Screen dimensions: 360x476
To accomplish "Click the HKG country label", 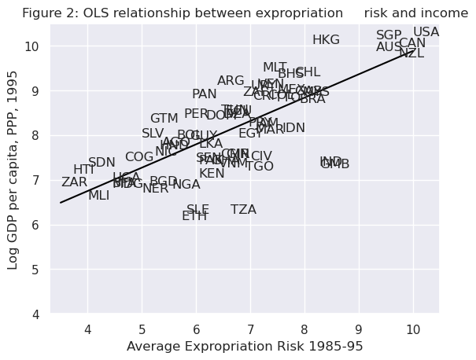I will (x=326, y=40).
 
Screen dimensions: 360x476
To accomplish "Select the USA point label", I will (x=426, y=32).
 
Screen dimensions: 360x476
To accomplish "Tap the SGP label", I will (x=389, y=35).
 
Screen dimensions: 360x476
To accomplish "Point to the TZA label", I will (x=243, y=210).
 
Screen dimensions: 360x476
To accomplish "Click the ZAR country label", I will (x=74, y=182).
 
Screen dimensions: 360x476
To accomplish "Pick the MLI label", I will (x=98, y=196).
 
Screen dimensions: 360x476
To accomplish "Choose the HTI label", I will (x=84, y=170).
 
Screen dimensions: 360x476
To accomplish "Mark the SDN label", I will (x=101, y=163).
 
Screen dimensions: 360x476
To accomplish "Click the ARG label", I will (x=231, y=81).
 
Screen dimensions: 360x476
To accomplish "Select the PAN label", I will (x=204, y=94).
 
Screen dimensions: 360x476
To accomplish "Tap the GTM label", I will (x=164, y=119).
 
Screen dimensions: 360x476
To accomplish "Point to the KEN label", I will (x=212, y=174).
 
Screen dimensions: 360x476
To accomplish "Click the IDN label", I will (x=293, y=128).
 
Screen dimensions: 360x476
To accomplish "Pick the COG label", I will (x=139, y=157).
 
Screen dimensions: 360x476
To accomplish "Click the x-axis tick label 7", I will (x=250, y=329).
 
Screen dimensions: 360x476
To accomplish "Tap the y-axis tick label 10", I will (x=30, y=46).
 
